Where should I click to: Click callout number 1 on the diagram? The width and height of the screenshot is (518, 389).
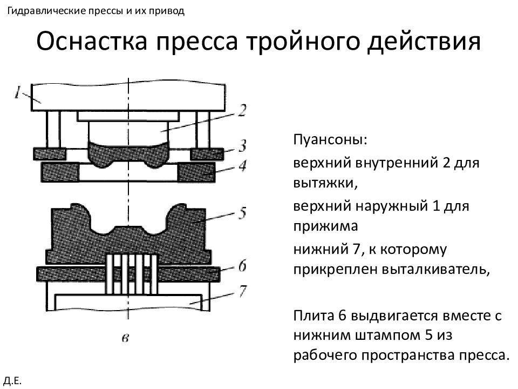[x=18, y=92]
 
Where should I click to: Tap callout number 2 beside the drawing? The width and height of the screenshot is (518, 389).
[x=242, y=110]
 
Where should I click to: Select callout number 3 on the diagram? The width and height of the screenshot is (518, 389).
[x=243, y=145]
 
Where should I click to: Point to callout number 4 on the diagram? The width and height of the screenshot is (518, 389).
[x=243, y=165]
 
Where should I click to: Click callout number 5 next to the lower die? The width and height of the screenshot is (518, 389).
[x=243, y=213]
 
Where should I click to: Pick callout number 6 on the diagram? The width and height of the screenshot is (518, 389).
[x=243, y=266]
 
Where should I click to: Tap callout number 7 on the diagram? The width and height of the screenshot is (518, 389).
[x=243, y=291]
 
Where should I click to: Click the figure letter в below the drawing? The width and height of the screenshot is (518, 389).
[x=125, y=338]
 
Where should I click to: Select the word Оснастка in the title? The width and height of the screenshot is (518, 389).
[x=92, y=42]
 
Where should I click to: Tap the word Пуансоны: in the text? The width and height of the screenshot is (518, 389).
[x=330, y=139]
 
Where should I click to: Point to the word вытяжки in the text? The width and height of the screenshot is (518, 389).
[x=325, y=183]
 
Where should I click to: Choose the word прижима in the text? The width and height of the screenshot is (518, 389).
[x=325, y=226]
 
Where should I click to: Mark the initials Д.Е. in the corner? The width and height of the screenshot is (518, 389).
[x=12, y=381]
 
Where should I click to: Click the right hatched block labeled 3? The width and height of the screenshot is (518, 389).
[x=207, y=154]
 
